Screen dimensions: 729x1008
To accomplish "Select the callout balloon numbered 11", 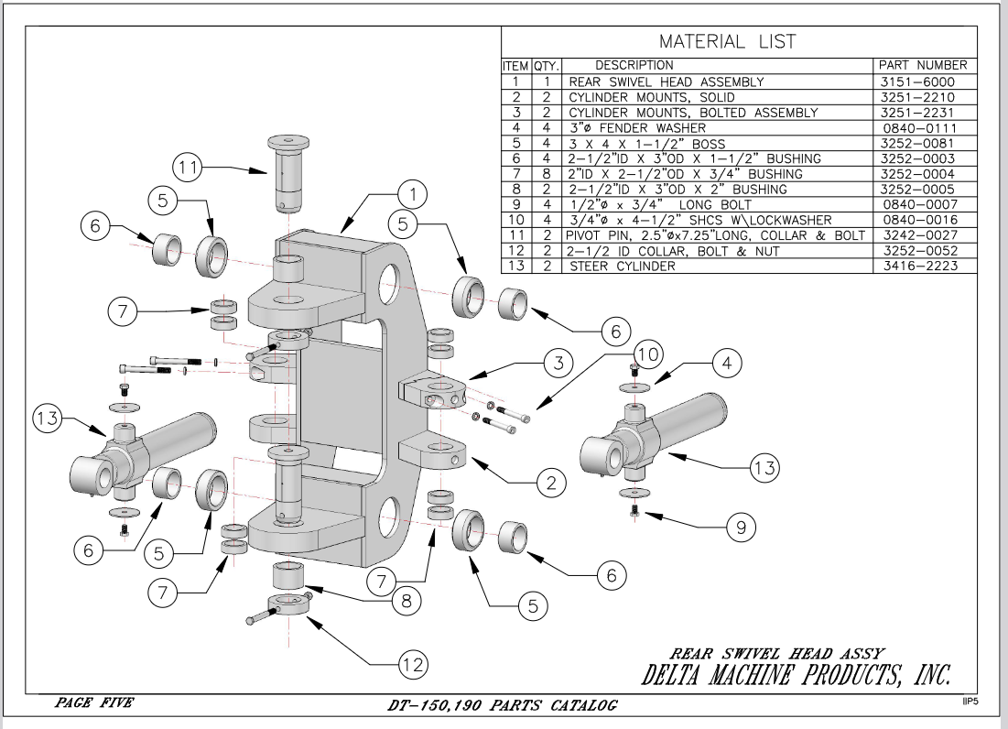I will (189, 169).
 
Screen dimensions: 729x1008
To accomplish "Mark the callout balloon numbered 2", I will (549, 484).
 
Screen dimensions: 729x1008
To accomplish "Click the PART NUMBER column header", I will (922, 65).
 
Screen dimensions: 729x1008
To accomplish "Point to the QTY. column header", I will (546, 66).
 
